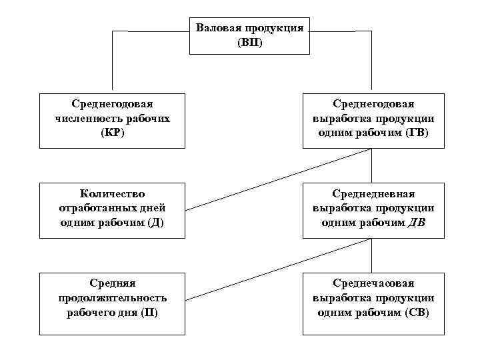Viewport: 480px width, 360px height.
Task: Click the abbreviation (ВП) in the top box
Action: [x=250, y=43]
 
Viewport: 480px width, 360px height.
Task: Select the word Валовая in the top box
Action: [x=219, y=29]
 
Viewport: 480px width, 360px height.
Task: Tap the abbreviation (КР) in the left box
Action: [x=112, y=133]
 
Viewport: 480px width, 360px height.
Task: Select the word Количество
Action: [x=112, y=193]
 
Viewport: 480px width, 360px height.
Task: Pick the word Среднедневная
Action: [x=373, y=193]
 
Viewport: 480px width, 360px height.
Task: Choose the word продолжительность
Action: [x=112, y=298]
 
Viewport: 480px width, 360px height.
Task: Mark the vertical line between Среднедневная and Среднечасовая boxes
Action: [x=372, y=254]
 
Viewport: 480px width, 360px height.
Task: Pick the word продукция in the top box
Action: [x=276, y=29]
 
